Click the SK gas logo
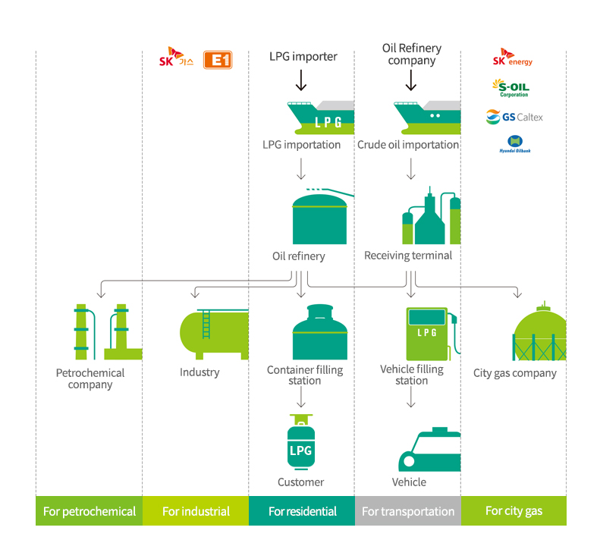(175, 58)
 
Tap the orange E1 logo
(218, 60)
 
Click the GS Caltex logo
(514, 117)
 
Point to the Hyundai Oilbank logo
(514, 144)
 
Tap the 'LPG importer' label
(303, 56)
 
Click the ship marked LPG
(320, 118)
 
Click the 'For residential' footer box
(302, 511)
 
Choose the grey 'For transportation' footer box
(408, 511)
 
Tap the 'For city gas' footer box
(514, 511)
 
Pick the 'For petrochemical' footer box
(89, 511)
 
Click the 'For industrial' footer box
(196, 511)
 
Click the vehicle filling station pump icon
(429, 332)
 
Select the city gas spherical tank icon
(539, 333)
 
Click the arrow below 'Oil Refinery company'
(410, 80)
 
